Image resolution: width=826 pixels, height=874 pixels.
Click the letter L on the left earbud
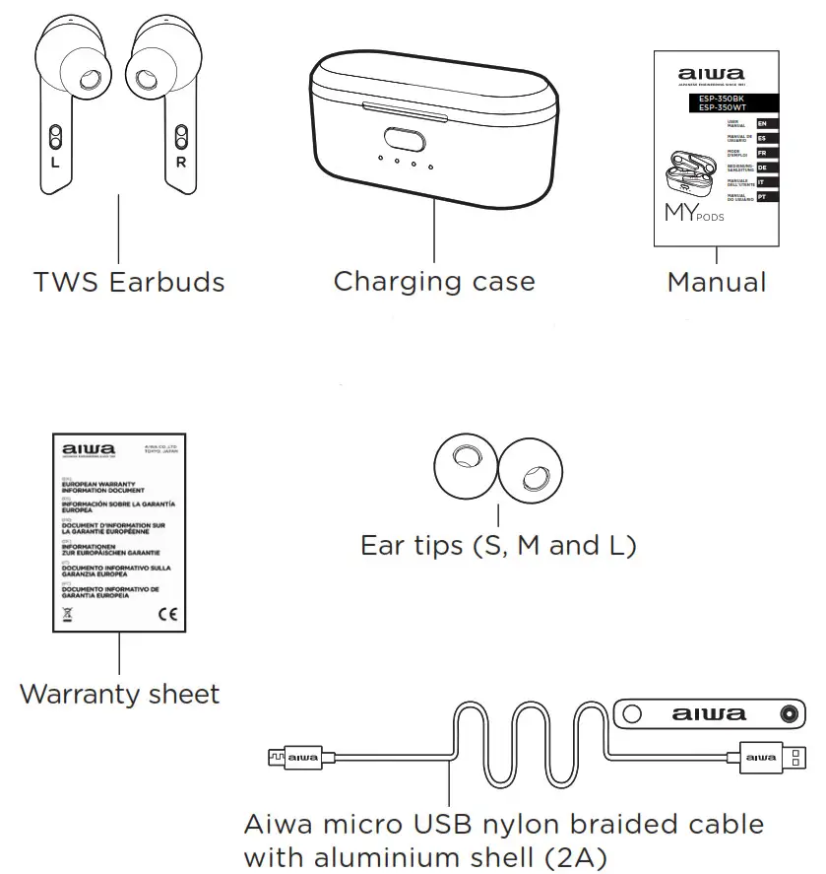(55, 163)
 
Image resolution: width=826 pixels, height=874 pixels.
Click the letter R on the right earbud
(181, 163)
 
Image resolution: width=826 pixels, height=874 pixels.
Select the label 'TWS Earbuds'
(129, 283)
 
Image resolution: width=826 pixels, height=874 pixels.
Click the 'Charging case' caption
(434, 282)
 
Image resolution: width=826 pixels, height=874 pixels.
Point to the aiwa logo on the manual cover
(712, 74)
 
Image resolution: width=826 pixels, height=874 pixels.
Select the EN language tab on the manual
(762, 123)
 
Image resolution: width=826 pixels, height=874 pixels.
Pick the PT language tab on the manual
(762, 198)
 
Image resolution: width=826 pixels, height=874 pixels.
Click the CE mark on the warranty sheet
(166, 613)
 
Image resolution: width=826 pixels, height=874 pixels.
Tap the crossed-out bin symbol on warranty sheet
(68, 613)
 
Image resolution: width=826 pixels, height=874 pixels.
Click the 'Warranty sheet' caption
(119, 694)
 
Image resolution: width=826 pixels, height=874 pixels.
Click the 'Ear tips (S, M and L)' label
(498, 545)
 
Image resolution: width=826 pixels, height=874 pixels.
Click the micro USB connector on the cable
(282, 757)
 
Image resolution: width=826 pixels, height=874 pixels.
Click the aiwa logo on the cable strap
(710, 713)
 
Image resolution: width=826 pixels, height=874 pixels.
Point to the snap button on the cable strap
(788, 713)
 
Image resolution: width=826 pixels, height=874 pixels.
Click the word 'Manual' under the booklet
(716, 283)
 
